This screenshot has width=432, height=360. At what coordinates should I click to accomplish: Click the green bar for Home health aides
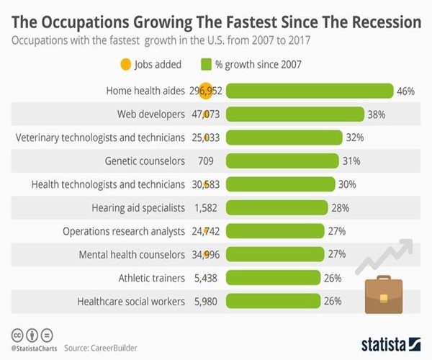pyautogui.click(x=310, y=91)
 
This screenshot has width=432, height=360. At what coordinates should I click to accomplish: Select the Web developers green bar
pyautogui.click(x=295, y=114)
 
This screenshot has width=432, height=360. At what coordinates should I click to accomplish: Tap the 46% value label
pyautogui.click(x=405, y=91)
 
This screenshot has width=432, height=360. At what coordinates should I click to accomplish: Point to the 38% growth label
pyautogui.click(x=377, y=114)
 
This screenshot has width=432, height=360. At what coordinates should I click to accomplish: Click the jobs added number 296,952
pyautogui.click(x=205, y=91)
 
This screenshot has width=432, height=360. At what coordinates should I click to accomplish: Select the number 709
pyautogui.click(x=205, y=161)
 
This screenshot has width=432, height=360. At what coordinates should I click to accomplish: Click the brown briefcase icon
pyautogui.click(x=382, y=295)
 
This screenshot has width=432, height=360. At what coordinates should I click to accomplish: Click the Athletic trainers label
pyautogui.click(x=152, y=277)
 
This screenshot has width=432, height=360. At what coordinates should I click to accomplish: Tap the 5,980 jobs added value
pyautogui.click(x=205, y=301)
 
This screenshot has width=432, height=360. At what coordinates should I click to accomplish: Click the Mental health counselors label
pyautogui.click(x=133, y=254)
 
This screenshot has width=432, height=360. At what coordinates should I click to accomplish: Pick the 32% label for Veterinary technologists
pyautogui.click(x=354, y=137)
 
